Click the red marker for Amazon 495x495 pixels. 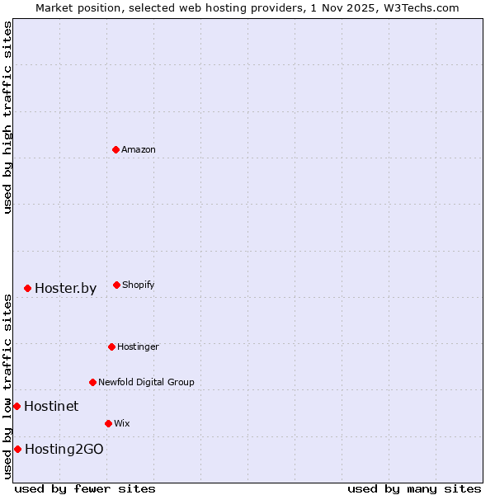(x=115, y=149)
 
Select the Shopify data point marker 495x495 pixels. (x=116, y=285)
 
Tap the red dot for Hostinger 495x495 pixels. (x=111, y=346)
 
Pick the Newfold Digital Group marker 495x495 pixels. (x=92, y=382)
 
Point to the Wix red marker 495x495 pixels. (x=108, y=423)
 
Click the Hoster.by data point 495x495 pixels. (x=27, y=288)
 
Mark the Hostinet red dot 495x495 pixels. (x=16, y=406)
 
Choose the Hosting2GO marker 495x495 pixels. (x=17, y=449)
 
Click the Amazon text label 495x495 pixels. (x=139, y=150)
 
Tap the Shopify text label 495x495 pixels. (x=139, y=285)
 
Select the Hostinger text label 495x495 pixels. (x=138, y=347)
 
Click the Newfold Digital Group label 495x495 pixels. (x=146, y=383)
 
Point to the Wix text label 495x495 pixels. (x=122, y=424)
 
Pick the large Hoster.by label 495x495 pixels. (x=65, y=289)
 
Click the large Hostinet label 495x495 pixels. (x=51, y=406)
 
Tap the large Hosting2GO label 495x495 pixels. (x=64, y=450)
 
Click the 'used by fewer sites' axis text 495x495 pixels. (x=85, y=488)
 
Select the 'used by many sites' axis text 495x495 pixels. (x=414, y=488)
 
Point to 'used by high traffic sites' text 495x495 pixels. (x=7, y=117)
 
